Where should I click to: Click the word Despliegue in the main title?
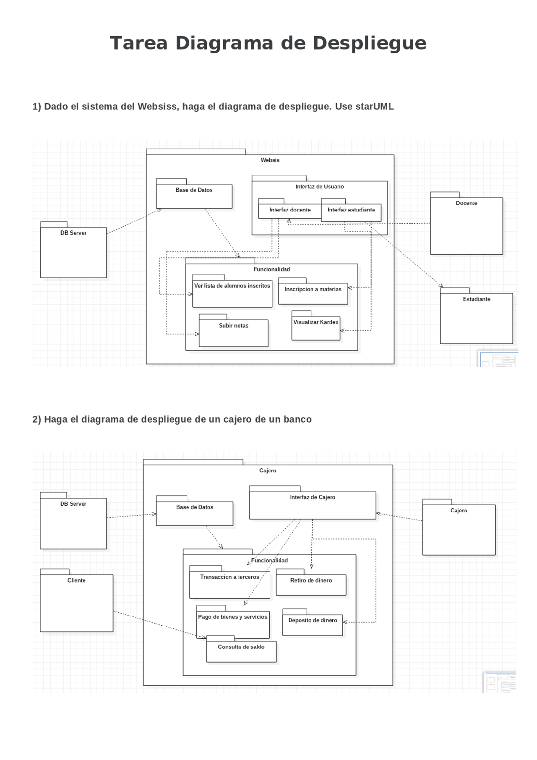(369, 43)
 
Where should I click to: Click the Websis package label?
(270, 160)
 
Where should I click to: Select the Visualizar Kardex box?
(316, 328)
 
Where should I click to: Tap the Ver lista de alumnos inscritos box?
(232, 294)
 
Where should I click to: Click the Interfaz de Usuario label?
(319, 187)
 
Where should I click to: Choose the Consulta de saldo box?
(241, 651)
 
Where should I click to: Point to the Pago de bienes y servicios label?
(233, 617)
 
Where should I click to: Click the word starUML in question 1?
(374, 107)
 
